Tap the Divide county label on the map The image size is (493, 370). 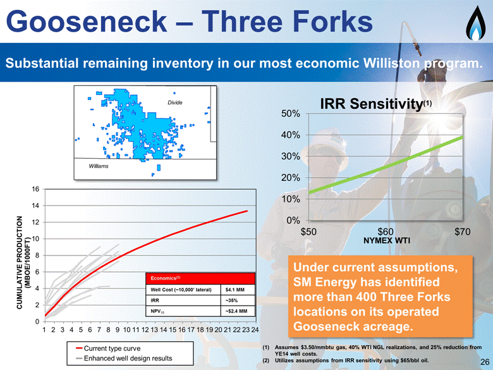pos(175,102)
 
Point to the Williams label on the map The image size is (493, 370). pos(99,166)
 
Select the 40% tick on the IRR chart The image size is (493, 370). pos(291,135)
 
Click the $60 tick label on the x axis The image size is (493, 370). pos(386,232)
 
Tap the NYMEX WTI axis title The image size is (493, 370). pos(387,241)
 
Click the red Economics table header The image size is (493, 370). pos(200,278)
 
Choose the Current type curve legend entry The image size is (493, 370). pos(108,348)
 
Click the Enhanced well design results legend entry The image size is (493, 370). pos(124,359)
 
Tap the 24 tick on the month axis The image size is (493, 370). pos(254,330)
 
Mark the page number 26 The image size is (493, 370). pos(485,362)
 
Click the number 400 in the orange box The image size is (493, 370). pos(367,297)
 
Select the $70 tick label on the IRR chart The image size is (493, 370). pos(463,232)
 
